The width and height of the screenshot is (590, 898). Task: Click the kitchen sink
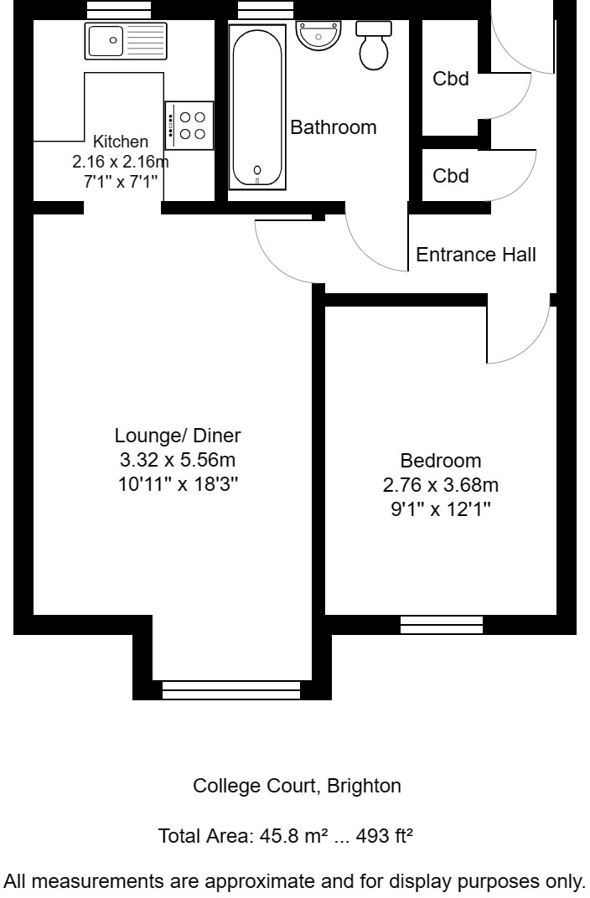[x=126, y=41]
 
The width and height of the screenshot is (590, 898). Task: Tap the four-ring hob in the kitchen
[x=189, y=126]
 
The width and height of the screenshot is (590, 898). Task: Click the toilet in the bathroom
[x=374, y=45]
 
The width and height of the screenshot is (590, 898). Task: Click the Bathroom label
[x=334, y=128]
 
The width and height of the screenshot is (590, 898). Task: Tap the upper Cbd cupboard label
[x=450, y=80]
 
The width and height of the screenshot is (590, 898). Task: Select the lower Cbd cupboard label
[x=450, y=177]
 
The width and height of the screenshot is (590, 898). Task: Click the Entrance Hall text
[x=476, y=255]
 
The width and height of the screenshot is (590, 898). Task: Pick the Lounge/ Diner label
[x=178, y=436]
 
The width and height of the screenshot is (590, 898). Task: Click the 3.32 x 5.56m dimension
[x=178, y=460]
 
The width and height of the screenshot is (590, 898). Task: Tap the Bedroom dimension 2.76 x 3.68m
[x=441, y=485]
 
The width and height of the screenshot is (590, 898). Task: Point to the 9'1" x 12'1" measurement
[x=441, y=509]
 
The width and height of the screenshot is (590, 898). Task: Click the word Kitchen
[x=120, y=142]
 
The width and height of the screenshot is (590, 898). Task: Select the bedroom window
[x=442, y=624]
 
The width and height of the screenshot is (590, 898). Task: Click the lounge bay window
[x=230, y=689]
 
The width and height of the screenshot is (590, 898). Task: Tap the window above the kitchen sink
[x=119, y=10]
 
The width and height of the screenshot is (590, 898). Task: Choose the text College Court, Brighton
[x=297, y=787]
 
